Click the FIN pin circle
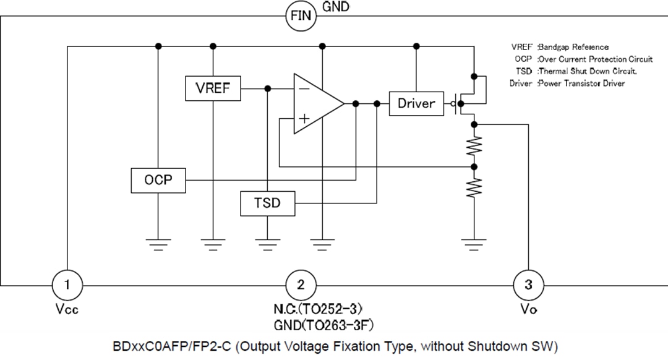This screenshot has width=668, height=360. pyautogui.click(x=301, y=16)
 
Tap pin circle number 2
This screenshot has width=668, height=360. pyautogui.click(x=301, y=285)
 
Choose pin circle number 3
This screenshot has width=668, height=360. pyautogui.click(x=528, y=285)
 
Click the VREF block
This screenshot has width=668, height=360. pyautogui.click(x=213, y=88)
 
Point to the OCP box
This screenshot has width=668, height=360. pyautogui.click(x=158, y=180)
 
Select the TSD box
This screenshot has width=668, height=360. pyautogui.click(x=267, y=203)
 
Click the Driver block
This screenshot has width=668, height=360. pyautogui.click(x=416, y=103)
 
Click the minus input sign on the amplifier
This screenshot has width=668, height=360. pyautogui.click(x=304, y=88)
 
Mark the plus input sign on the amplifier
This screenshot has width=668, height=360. pyautogui.click(x=304, y=118)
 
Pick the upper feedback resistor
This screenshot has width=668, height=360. pyautogui.click(x=474, y=146)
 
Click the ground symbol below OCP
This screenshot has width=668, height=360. pyautogui.click(x=158, y=244)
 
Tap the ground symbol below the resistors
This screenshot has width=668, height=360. pyautogui.click(x=474, y=244)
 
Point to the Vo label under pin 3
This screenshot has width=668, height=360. pyautogui.click(x=528, y=309)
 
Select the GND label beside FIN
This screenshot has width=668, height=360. pyautogui.click(x=336, y=7)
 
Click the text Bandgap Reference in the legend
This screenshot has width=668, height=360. pyautogui.click(x=573, y=47)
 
